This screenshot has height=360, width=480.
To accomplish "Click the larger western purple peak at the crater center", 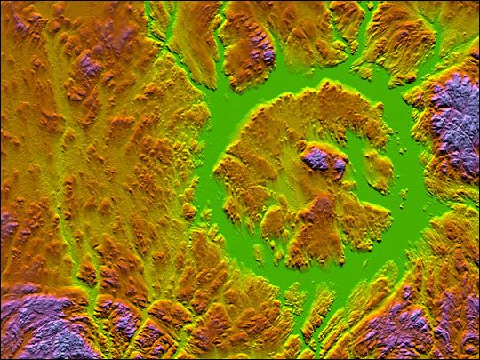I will click(x=316, y=158).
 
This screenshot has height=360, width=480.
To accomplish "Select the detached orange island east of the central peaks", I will click(x=379, y=171).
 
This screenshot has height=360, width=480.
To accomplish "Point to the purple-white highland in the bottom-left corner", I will click(x=40, y=324).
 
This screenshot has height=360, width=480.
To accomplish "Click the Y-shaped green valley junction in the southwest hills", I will click(x=89, y=267).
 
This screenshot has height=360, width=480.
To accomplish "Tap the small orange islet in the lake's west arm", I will click(x=189, y=211).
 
